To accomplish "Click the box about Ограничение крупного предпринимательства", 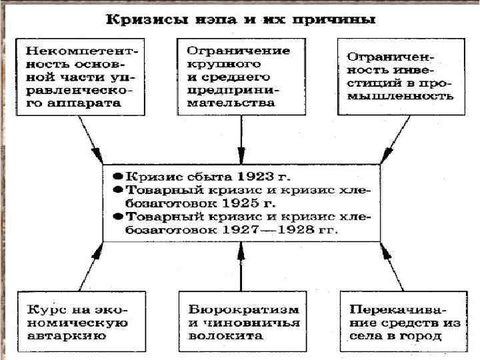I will point(239,77).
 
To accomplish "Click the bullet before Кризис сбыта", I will point(115,177).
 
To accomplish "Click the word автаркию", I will point(67,335).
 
